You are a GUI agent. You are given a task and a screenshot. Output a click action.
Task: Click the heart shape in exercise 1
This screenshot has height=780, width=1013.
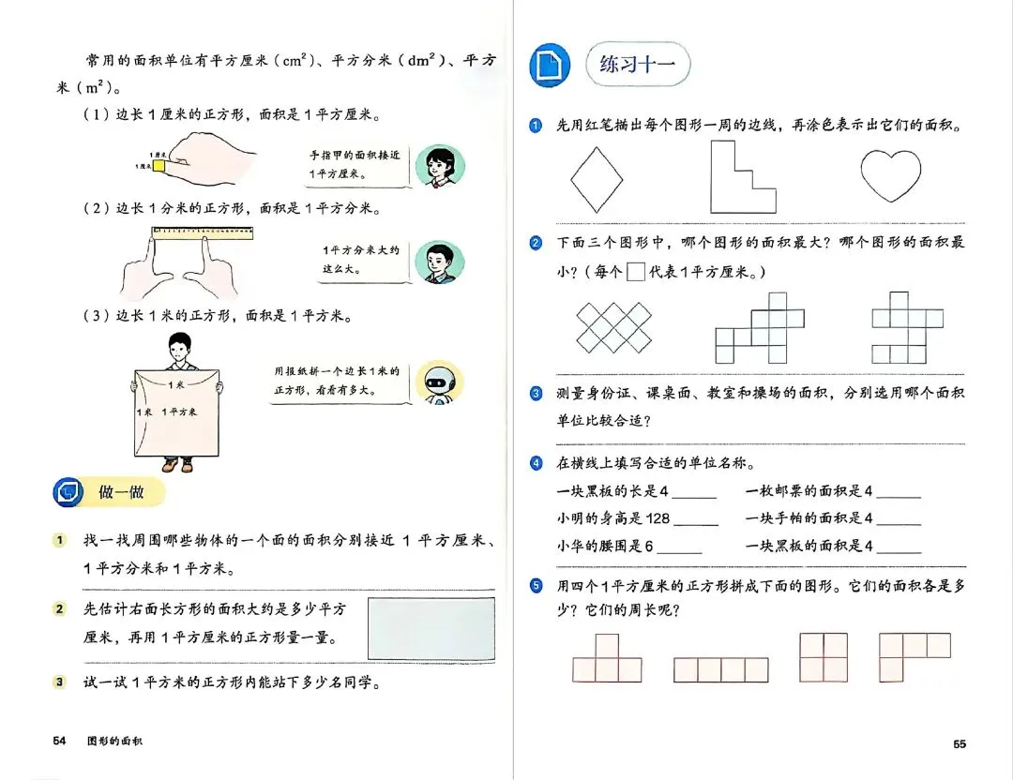coord(890,174)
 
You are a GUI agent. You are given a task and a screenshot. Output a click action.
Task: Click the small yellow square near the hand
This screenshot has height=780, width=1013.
coord(160,166)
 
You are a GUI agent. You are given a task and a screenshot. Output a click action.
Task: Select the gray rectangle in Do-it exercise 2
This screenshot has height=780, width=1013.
coord(431,631)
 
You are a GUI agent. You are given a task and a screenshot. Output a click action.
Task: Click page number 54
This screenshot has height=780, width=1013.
coord(59,742)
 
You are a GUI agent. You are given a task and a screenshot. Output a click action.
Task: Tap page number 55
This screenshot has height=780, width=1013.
coord(960,743)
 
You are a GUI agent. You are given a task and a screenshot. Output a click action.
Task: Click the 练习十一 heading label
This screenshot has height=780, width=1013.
coord(638,65)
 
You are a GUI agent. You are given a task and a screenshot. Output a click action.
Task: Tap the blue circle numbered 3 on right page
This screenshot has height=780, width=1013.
coord(536,394)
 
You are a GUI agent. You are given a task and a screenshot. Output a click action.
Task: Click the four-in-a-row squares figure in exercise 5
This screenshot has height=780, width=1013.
coord(720,669)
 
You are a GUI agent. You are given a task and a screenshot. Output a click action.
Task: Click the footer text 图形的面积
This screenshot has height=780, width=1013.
coord(115,742)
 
